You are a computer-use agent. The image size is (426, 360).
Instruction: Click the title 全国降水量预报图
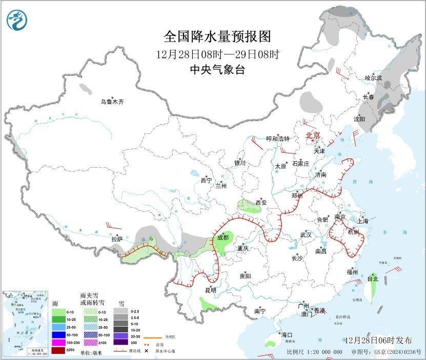click(x=217, y=37)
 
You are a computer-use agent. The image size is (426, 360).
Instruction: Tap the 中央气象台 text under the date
click(x=217, y=70)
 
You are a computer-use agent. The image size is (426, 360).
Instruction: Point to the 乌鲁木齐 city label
click(x=112, y=102)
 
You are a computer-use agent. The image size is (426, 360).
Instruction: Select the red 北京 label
click(x=313, y=135)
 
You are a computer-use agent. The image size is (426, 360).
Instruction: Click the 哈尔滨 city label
click(x=373, y=78)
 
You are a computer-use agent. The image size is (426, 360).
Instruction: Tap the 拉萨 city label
click(x=117, y=239)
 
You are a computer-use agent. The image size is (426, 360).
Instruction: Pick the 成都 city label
click(x=222, y=237)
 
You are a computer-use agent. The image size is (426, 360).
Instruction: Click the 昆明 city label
click(x=211, y=290)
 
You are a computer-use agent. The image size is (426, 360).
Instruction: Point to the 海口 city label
click(x=287, y=335)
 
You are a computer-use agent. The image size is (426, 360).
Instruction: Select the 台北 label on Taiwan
click(x=373, y=279)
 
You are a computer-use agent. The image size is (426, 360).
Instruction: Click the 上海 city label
click(x=363, y=221)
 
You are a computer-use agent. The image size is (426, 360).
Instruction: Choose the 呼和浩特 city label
click(x=278, y=139)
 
